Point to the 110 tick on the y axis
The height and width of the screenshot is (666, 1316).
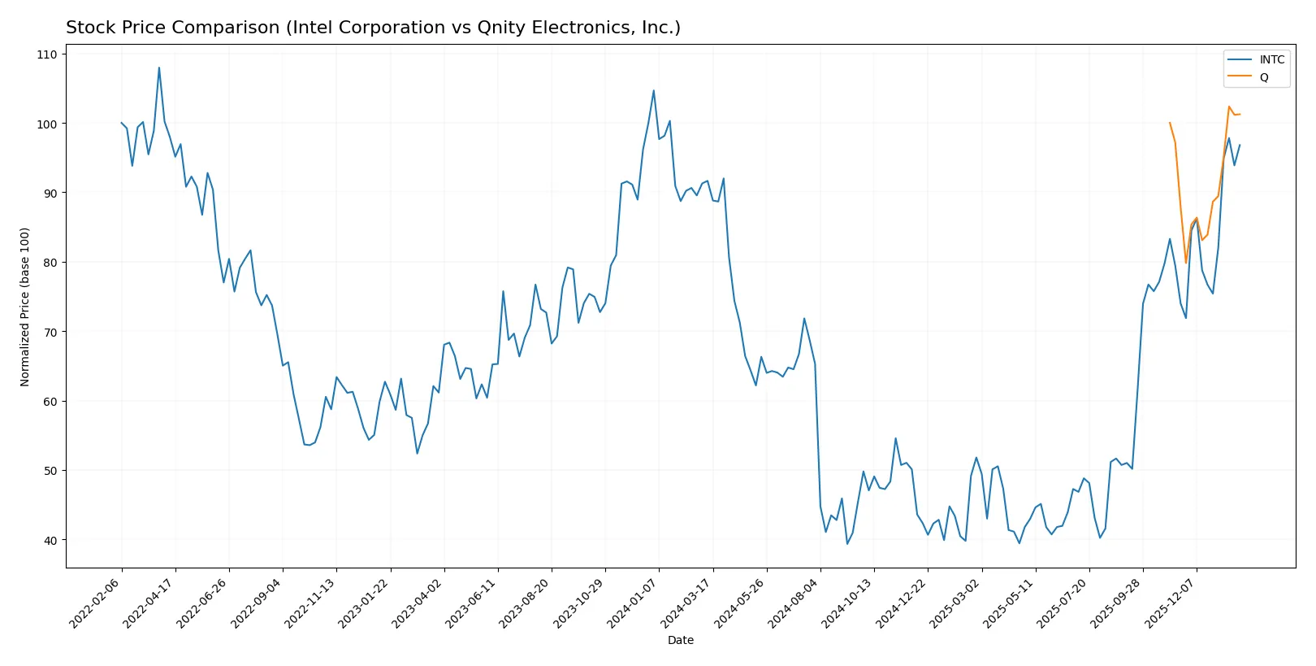point(47,54)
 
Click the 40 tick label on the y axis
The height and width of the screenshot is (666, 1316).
point(50,540)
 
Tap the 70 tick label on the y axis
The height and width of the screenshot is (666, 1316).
point(50,332)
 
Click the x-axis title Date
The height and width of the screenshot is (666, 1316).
point(680,640)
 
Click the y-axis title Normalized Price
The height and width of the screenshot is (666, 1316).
point(25,307)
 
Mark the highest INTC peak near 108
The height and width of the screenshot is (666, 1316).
point(159,67)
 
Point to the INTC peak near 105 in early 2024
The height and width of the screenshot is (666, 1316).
point(654,90)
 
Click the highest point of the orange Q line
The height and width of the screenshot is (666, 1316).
point(1229,107)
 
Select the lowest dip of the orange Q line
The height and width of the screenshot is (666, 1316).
point(1186,263)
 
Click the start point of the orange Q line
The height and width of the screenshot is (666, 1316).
point(1170,123)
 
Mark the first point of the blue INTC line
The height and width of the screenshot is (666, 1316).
point(122,123)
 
